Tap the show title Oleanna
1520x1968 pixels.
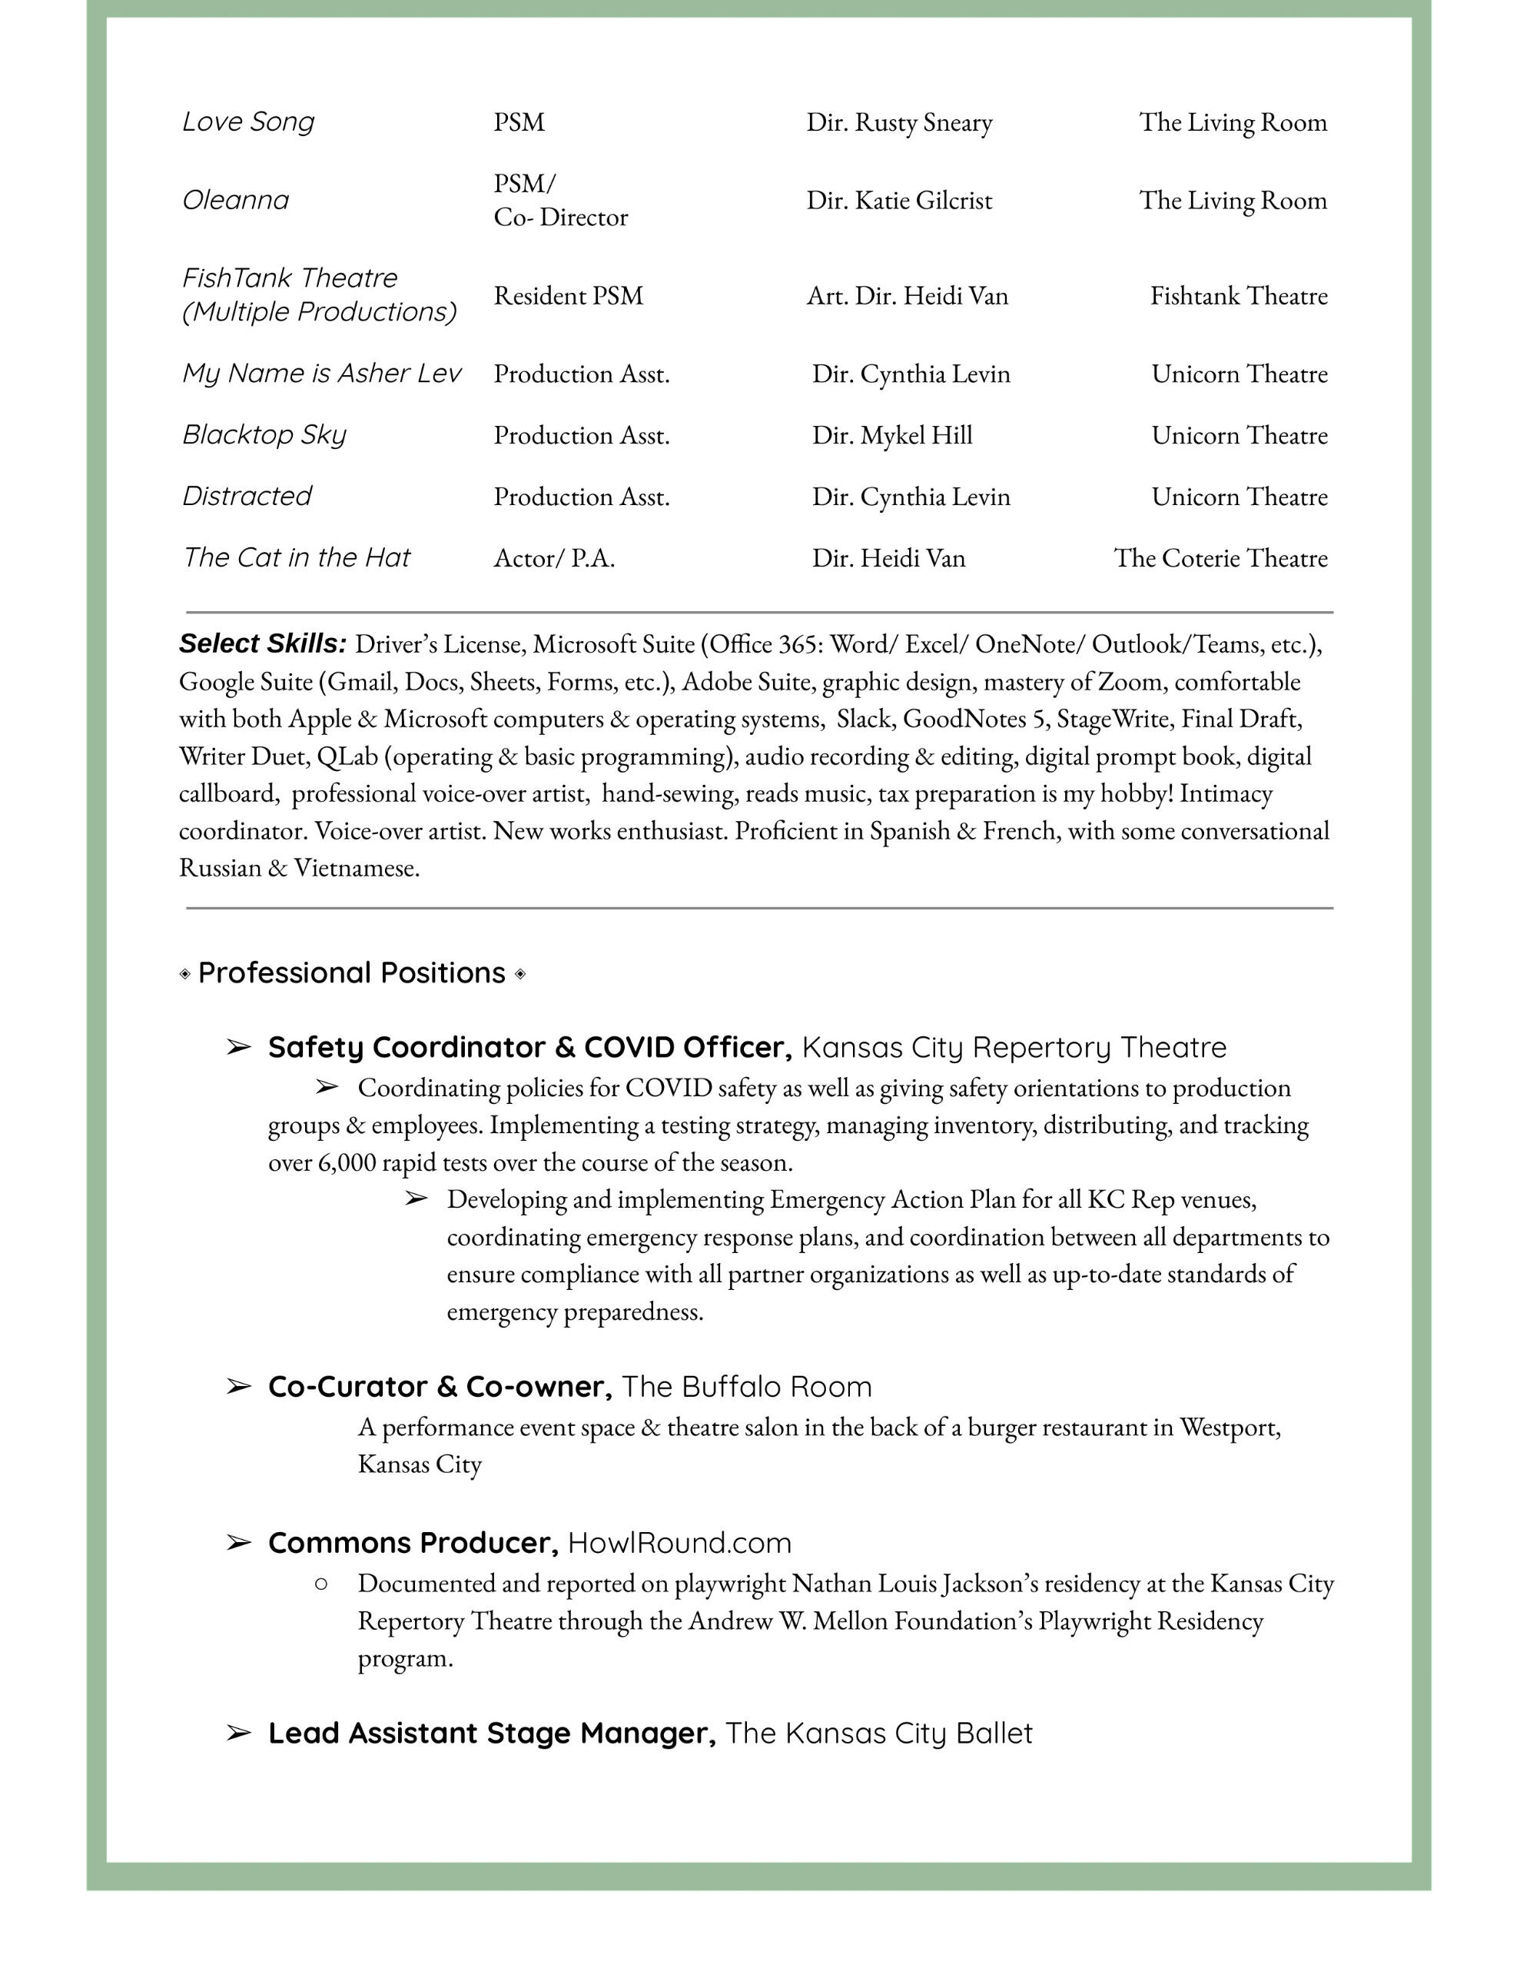point(235,200)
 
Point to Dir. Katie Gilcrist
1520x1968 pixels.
point(898,200)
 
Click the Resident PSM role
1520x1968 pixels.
point(568,295)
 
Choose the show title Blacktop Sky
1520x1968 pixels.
point(264,435)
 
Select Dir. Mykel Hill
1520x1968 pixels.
point(892,435)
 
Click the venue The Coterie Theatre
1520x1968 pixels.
point(1220,558)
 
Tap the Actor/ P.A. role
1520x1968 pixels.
point(553,559)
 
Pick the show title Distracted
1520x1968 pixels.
point(246,497)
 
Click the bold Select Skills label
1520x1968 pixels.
point(262,643)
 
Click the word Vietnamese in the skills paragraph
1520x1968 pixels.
point(357,868)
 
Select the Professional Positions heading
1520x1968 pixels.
point(351,973)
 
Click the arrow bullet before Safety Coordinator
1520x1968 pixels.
point(238,1047)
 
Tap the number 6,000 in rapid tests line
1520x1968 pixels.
point(347,1162)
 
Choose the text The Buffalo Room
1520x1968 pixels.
point(746,1387)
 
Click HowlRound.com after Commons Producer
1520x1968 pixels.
point(679,1543)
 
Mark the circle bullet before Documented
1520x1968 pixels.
point(320,1583)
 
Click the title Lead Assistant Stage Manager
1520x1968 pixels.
point(492,1733)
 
